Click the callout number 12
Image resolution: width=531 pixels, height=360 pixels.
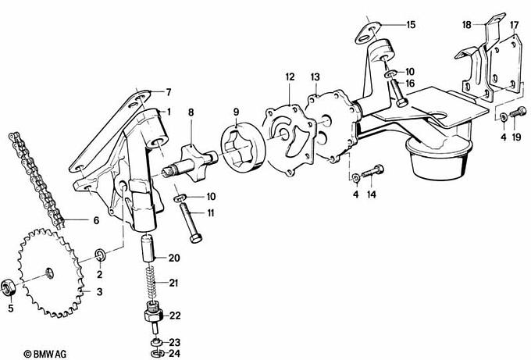(290, 77)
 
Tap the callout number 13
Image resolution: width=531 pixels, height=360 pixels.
(315, 77)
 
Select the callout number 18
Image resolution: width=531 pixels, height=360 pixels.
(466, 25)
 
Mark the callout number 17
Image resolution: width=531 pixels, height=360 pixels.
(515, 25)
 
